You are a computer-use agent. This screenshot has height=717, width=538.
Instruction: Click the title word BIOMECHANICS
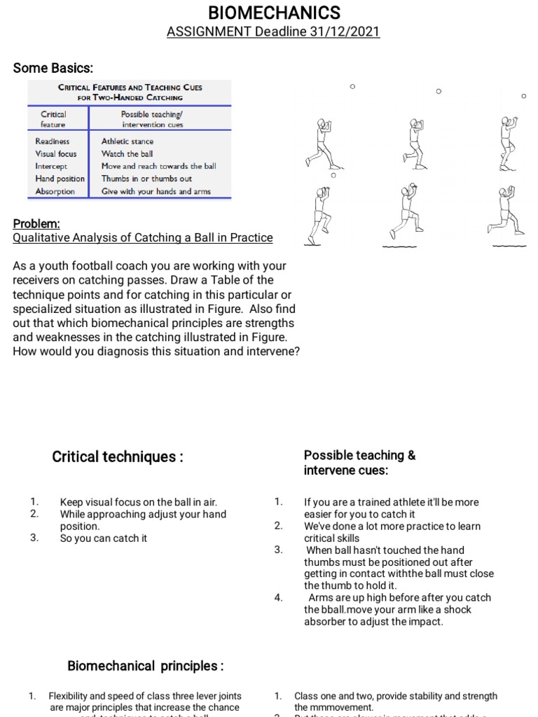coord(274,13)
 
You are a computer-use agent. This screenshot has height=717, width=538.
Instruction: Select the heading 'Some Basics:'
coord(53,68)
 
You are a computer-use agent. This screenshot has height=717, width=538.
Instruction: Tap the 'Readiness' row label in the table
coord(53,141)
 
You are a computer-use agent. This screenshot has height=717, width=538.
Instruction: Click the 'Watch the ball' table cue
coord(127,153)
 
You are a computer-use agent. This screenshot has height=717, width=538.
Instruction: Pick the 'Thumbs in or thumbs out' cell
coord(146,179)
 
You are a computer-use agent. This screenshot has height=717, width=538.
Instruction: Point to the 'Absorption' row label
coord(55,191)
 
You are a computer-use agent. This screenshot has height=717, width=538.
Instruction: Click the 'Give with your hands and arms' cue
coord(156,191)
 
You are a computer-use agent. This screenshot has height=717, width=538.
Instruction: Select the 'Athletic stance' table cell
coord(127,141)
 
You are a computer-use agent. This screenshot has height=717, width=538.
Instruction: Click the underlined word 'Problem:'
coord(36,223)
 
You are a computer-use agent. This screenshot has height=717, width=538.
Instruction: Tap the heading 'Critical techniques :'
coord(118,457)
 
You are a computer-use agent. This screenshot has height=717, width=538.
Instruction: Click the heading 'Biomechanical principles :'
coord(145,666)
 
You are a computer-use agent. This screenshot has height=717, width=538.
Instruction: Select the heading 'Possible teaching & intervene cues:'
coord(359,462)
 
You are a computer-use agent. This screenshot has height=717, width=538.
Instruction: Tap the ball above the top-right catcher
coord(523,96)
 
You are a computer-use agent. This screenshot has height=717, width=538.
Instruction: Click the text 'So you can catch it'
coord(104,538)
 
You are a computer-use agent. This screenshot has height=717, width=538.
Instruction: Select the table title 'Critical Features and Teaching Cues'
coord(130,88)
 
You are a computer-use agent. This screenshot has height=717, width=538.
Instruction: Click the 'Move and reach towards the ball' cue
coord(158,166)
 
